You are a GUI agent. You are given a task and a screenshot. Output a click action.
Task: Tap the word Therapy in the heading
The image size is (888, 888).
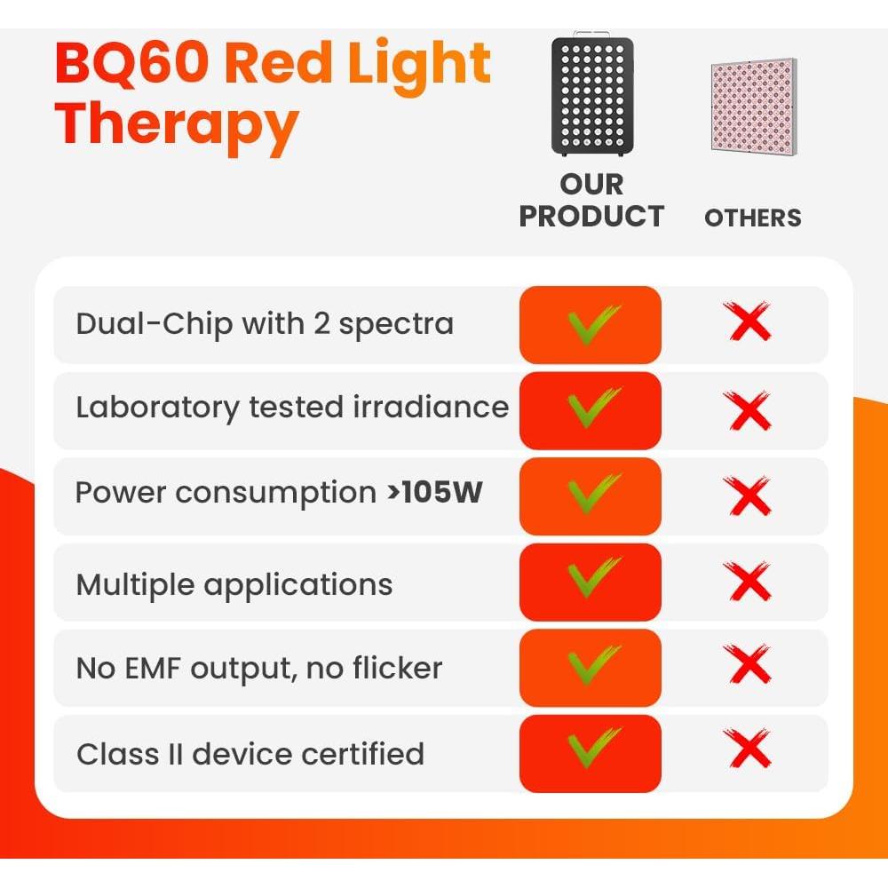coord(177,124)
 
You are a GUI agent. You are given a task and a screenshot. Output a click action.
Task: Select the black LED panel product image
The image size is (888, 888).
coord(592,96)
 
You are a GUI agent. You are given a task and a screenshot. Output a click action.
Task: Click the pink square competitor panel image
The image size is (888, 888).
coord(753,105)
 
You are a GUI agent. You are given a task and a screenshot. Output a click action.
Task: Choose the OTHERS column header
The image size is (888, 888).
coord(753,218)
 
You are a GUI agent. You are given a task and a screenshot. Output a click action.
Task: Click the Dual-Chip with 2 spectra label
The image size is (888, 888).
coord(265,324)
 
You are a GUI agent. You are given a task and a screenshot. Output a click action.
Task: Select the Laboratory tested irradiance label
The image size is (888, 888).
coord(292,408)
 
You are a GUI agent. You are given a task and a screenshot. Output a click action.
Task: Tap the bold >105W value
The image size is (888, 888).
coord(434,493)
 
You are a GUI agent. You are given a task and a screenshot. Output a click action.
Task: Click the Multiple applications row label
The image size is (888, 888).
coord(234,585)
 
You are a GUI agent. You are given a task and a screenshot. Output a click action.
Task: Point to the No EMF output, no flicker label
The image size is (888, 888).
coord(259,668)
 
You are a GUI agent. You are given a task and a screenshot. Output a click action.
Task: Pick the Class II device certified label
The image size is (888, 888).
coord(250,754)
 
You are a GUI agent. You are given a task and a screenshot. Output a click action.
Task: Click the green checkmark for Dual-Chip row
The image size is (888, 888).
coord(592,324)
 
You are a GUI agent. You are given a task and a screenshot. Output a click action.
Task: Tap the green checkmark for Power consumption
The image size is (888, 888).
coord(592,495)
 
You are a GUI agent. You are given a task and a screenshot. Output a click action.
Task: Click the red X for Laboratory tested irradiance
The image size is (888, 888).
coord(749,410)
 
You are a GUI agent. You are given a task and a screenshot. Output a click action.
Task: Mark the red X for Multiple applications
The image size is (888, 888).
coord(749,582)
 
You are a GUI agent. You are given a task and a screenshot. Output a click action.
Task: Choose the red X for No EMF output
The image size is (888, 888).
coord(749,666)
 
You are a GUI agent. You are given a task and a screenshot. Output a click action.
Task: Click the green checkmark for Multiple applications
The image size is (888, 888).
coord(592,581)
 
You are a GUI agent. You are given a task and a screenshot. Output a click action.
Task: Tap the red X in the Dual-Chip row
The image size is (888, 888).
coord(749,323)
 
